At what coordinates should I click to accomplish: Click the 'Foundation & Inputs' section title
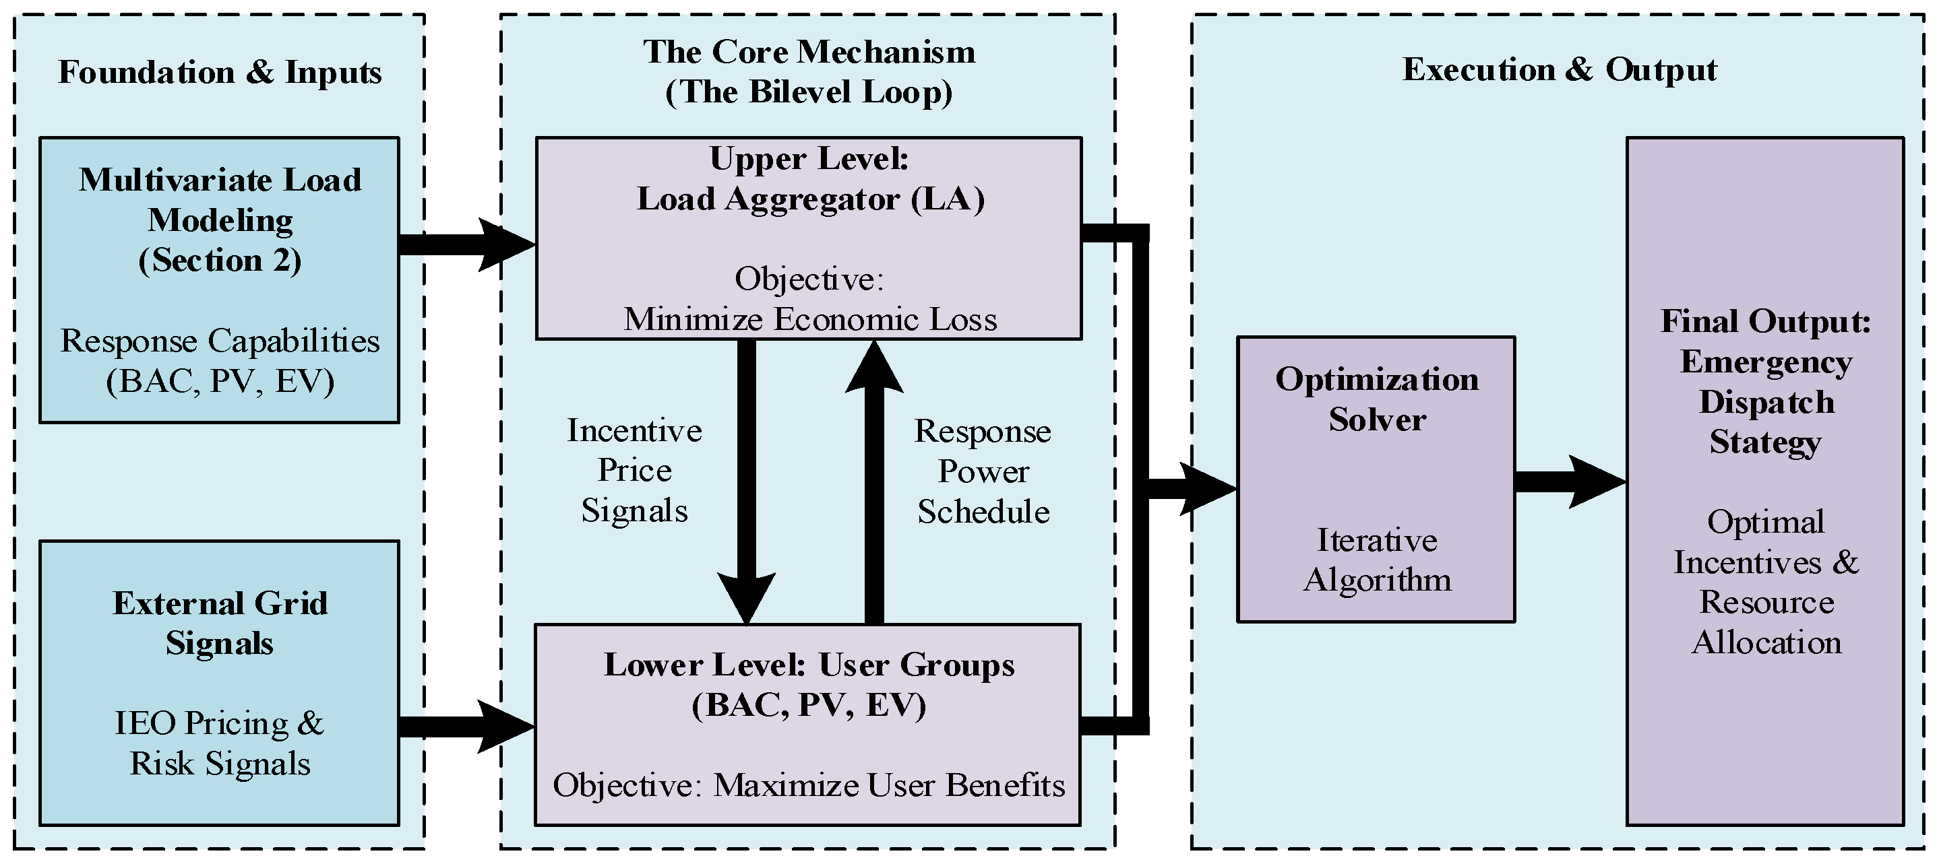[x=220, y=72]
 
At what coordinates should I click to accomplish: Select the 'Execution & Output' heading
[x=1560, y=70]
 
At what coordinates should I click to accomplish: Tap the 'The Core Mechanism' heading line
[x=809, y=52]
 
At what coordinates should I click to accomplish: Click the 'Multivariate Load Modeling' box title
[x=220, y=199]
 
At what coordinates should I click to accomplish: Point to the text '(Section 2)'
[x=220, y=261]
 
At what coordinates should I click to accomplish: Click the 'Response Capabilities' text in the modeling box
[x=220, y=341]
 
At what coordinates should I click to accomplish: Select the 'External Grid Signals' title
[x=220, y=623]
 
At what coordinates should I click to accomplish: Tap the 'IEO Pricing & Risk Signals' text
[x=220, y=743]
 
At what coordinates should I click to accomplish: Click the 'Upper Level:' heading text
[x=809, y=158]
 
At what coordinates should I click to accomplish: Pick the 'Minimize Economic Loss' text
[x=810, y=319]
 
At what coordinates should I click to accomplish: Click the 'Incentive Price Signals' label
[x=635, y=470]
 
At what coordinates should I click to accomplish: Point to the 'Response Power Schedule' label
[x=983, y=471]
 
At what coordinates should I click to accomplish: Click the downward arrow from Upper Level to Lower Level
[x=746, y=482]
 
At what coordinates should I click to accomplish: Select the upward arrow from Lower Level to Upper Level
[x=874, y=482]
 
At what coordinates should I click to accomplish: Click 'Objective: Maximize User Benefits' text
[x=809, y=785]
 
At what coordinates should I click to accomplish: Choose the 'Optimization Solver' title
[x=1377, y=399]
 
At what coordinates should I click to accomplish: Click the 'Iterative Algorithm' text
[x=1377, y=560]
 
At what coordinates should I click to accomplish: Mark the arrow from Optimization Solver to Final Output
[x=1571, y=481]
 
